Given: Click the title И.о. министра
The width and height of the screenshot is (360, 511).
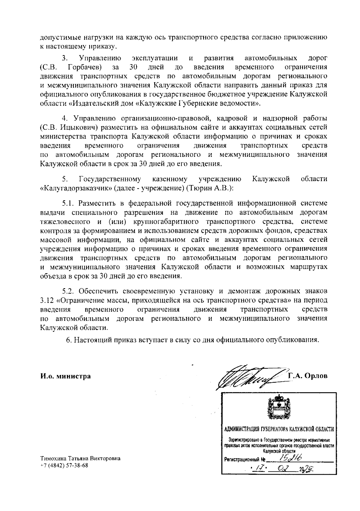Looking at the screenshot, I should point(66,376).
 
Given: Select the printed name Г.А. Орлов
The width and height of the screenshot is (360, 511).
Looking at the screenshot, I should point(308,376).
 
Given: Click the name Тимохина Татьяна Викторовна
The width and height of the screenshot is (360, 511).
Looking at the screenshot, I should point(80,459).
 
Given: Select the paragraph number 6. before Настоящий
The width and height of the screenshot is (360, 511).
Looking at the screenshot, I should point(69,340).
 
